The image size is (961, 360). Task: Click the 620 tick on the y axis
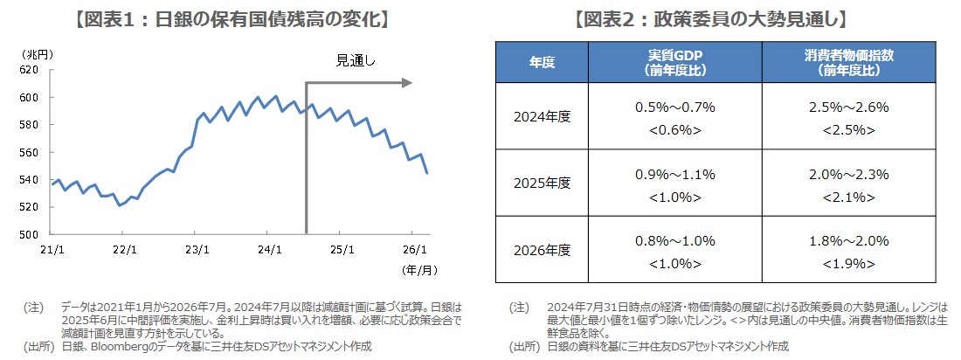pyautogui.click(x=28, y=69)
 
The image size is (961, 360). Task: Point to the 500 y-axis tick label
pyautogui.click(x=28, y=234)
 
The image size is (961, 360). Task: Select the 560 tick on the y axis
pyautogui.click(x=28, y=152)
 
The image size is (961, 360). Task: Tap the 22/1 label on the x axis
pyautogui.click(x=125, y=248)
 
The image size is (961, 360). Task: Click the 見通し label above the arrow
pyautogui.click(x=356, y=60)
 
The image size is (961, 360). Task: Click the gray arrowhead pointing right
pyautogui.click(x=406, y=83)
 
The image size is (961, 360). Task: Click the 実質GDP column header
pyautogui.click(x=675, y=61)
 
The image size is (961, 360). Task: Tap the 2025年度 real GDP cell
pyautogui.click(x=675, y=183)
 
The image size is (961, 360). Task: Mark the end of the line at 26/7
pyautogui.click(x=427, y=173)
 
